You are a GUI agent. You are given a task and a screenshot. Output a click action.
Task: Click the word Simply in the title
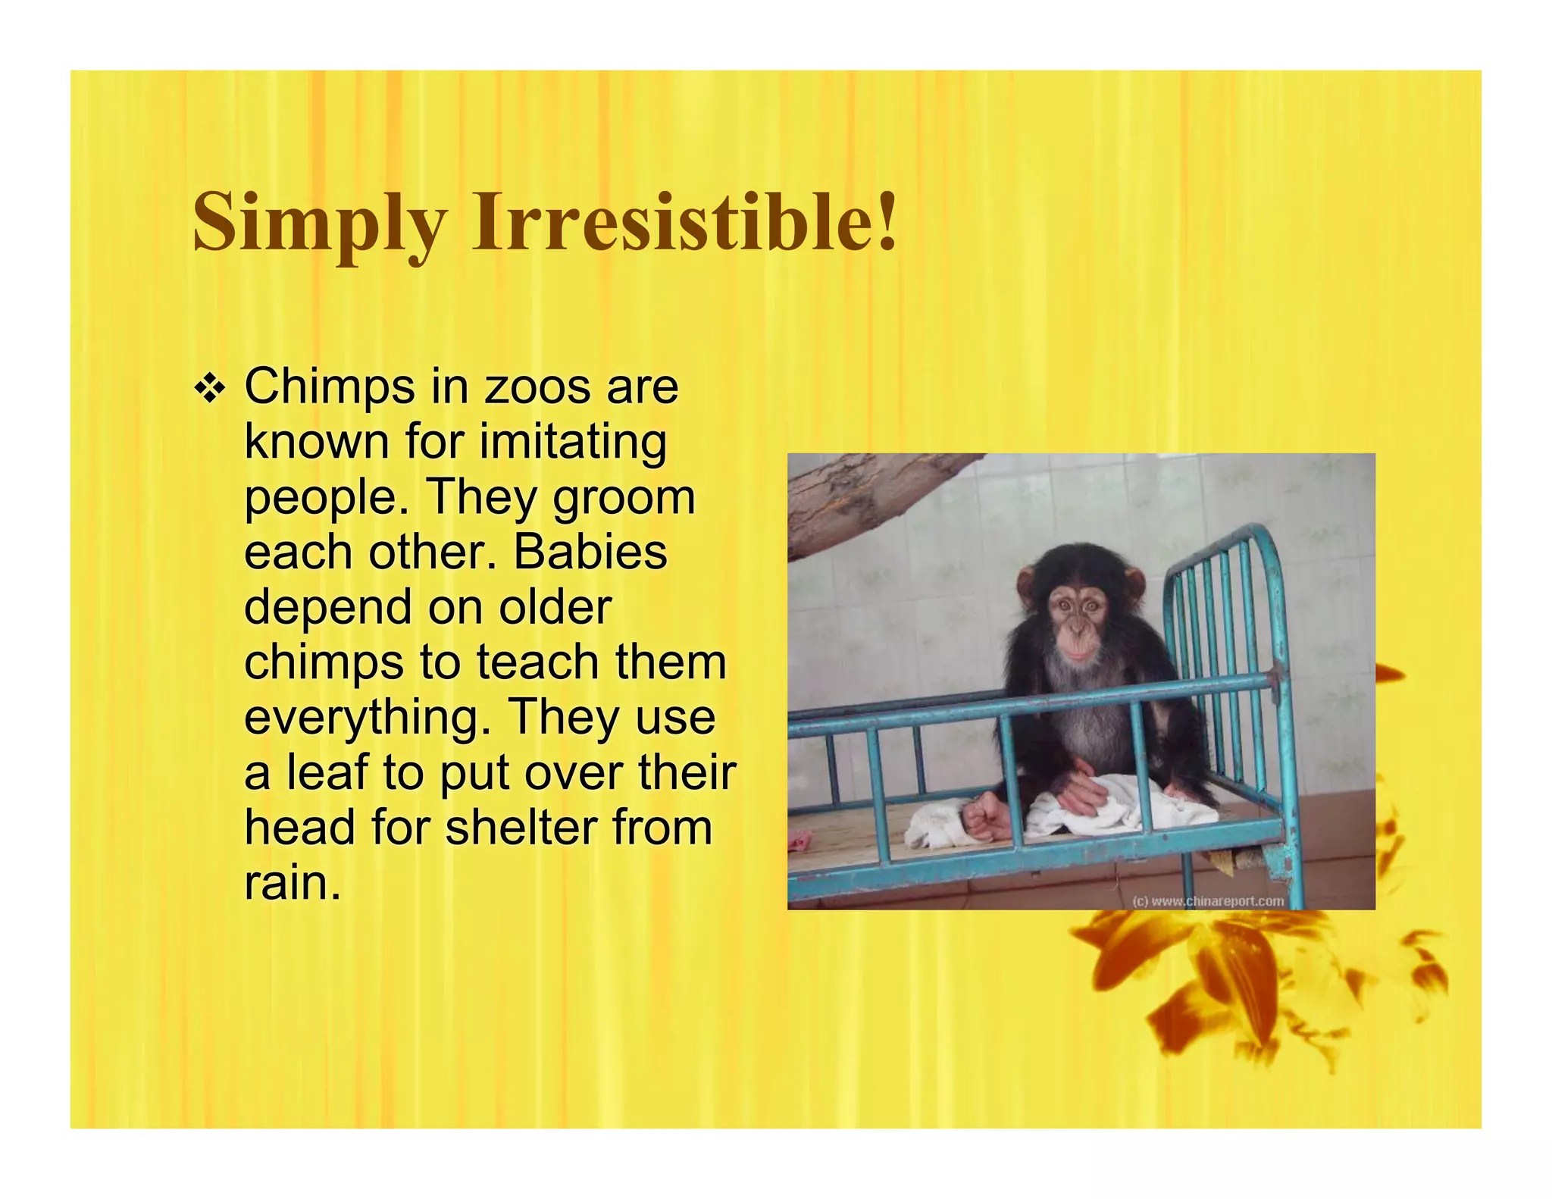point(318,222)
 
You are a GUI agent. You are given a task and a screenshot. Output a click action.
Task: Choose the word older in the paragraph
point(555,606)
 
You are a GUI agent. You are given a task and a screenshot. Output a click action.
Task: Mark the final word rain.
point(292,881)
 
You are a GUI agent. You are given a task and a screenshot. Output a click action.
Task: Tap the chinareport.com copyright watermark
point(1208,901)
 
